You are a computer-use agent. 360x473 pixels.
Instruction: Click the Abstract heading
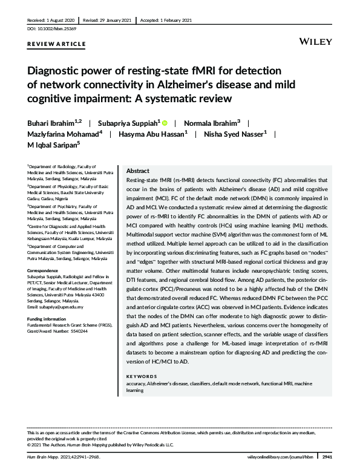tap(137, 171)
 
